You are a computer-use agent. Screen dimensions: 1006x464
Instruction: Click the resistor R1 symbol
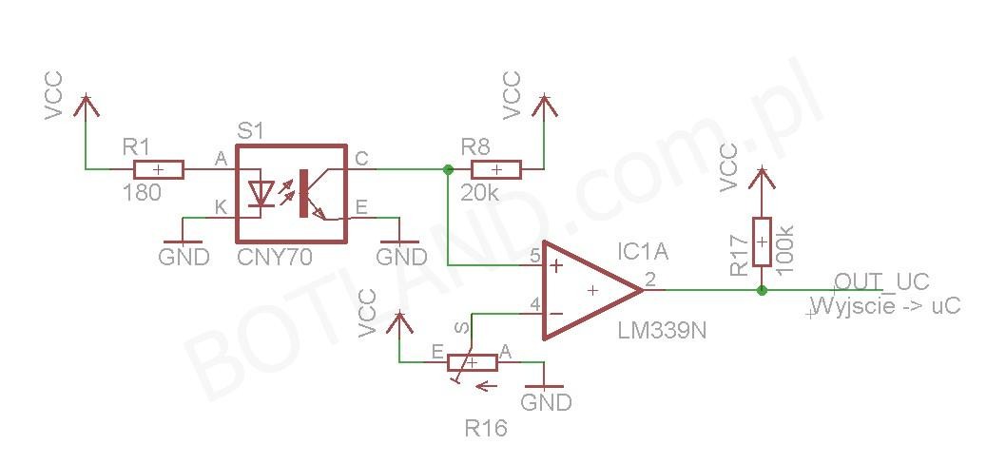pos(159,169)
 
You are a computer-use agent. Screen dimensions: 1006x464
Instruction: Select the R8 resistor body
pos(496,169)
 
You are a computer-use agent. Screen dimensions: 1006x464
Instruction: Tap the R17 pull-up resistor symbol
pos(761,242)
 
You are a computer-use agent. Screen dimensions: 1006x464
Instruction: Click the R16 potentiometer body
pos(472,362)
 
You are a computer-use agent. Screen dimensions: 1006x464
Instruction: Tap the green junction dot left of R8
pos(448,169)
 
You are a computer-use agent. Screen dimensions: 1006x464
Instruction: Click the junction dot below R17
pos(762,290)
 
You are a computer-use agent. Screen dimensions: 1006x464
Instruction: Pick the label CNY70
pos(275,258)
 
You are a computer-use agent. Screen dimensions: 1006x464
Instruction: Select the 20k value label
pos(479,192)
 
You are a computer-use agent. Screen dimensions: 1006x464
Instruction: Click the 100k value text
pos(786,249)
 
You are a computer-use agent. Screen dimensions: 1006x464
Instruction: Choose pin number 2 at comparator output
pos(650,280)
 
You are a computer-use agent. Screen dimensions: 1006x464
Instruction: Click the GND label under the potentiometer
pos(546,402)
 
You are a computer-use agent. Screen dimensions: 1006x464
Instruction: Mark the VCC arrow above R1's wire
pos(86,106)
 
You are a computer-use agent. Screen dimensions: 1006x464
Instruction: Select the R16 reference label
pos(486,428)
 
